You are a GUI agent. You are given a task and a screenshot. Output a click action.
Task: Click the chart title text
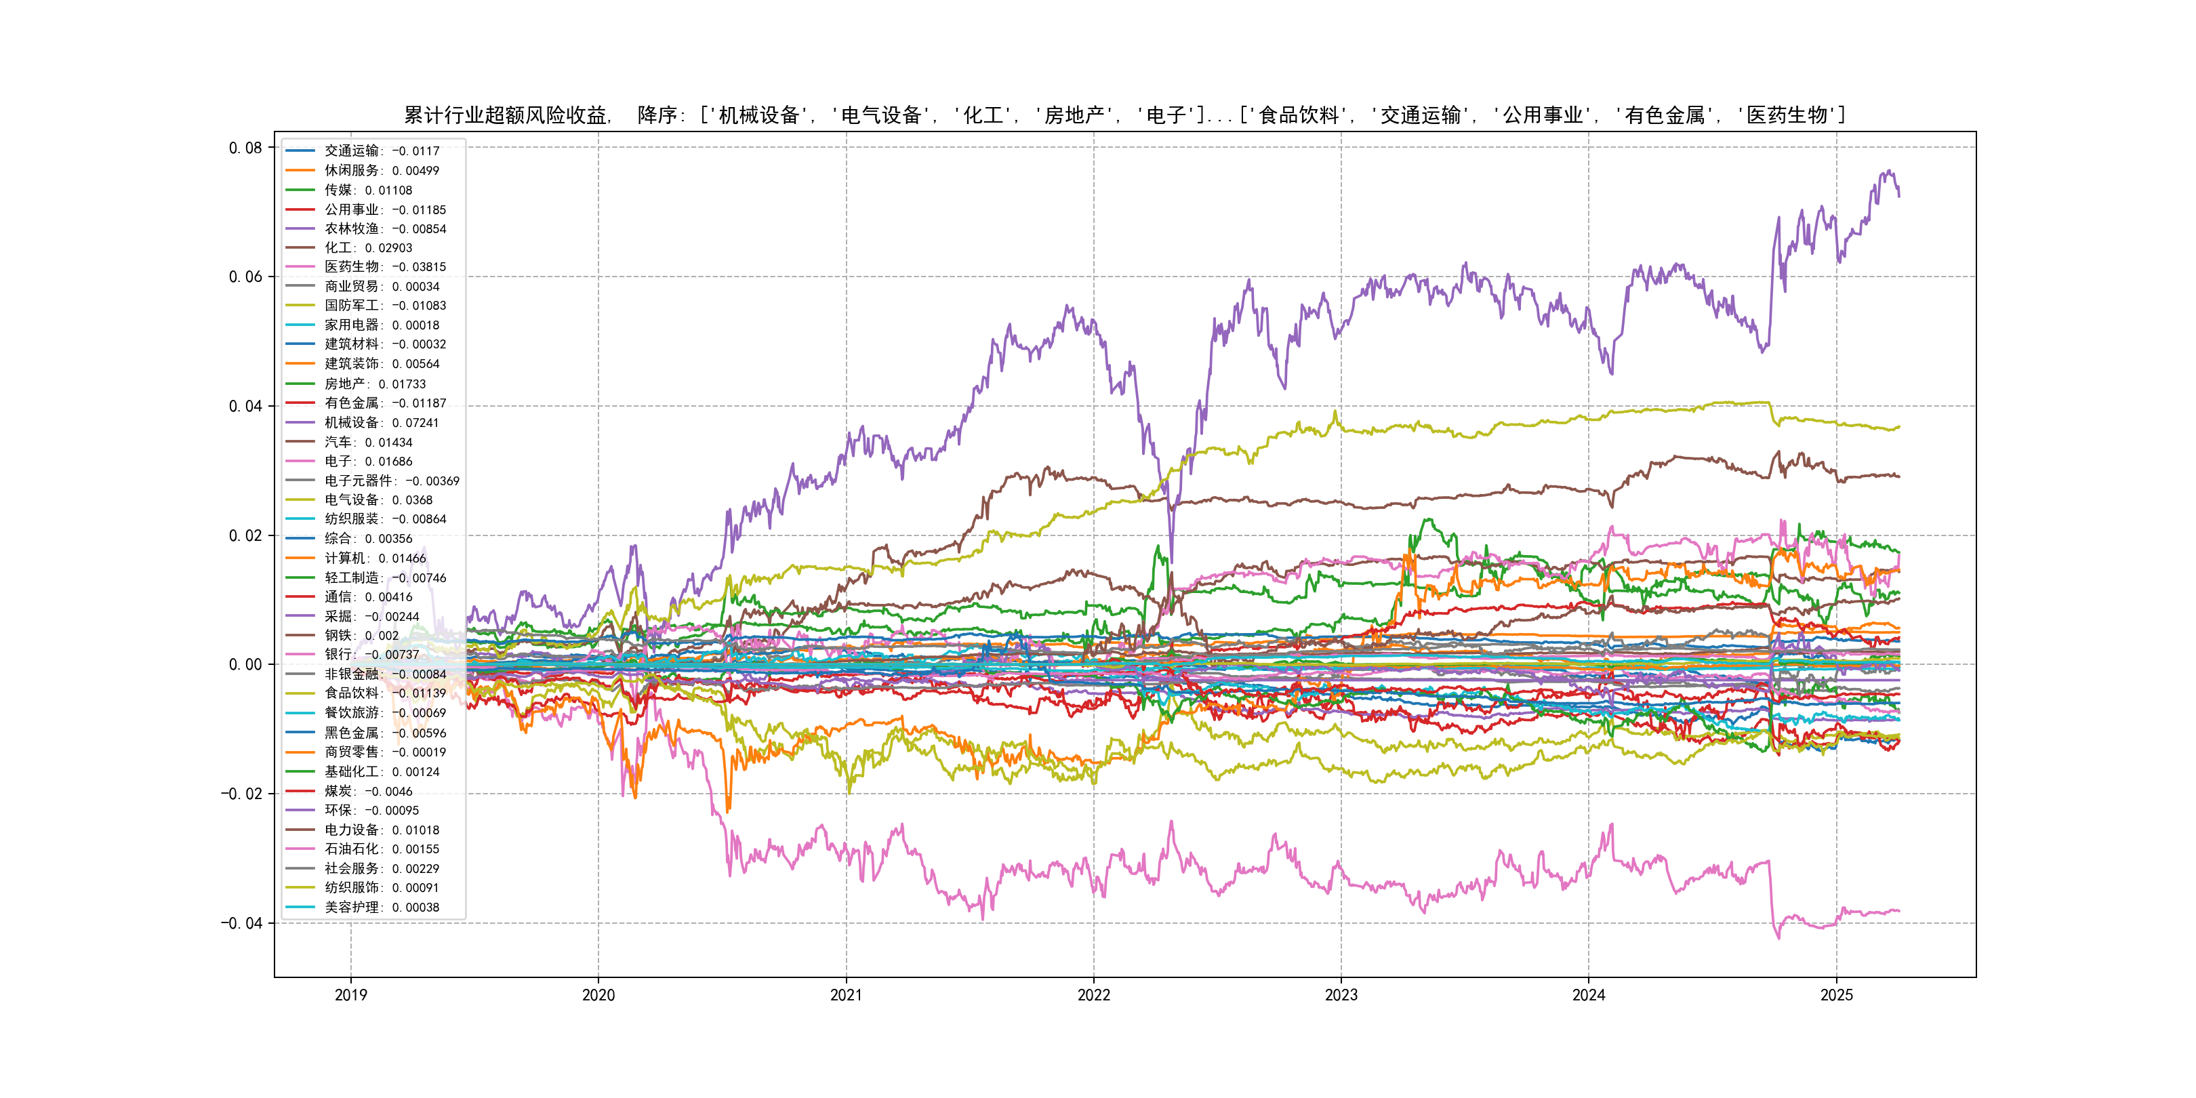point(1124,115)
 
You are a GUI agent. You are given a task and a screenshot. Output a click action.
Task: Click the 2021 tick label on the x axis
point(846,995)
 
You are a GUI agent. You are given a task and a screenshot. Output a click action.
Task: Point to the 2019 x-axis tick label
point(350,995)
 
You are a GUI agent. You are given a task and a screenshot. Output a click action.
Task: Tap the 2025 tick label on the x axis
point(1836,995)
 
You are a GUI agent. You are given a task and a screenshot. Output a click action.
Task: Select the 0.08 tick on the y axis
point(245,148)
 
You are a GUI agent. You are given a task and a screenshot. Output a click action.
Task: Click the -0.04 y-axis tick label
point(241,923)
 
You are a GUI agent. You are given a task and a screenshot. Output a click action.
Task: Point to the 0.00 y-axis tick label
point(245,665)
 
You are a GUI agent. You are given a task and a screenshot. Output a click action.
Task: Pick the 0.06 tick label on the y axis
point(245,277)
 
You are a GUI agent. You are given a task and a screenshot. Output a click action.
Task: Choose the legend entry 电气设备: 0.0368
point(378,500)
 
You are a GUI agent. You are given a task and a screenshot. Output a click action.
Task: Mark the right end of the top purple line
point(1898,196)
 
